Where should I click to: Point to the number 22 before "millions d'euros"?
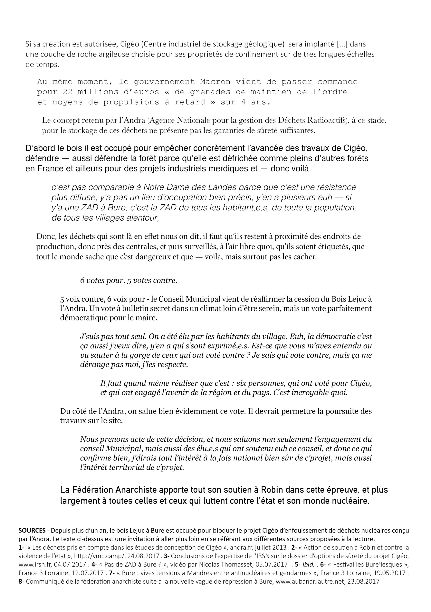68,92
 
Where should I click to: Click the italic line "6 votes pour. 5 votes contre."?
129,280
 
